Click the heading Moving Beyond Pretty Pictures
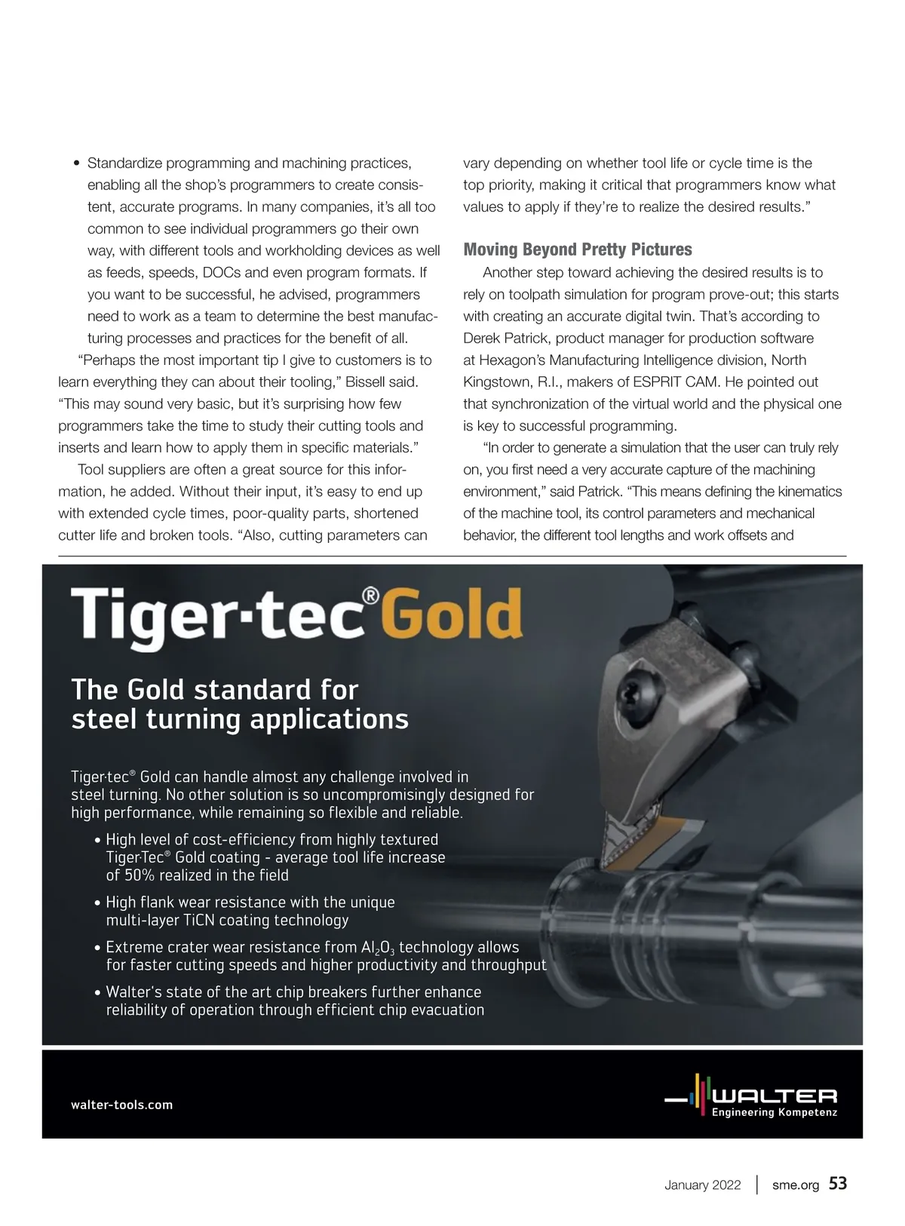pos(578,250)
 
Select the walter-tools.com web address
pos(121,1105)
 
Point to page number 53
pos(838,1184)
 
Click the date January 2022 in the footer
pos(702,1185)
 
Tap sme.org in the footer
pos(796,1185)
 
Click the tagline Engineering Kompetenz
pos(775,1113)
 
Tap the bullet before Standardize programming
pos(76,164)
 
